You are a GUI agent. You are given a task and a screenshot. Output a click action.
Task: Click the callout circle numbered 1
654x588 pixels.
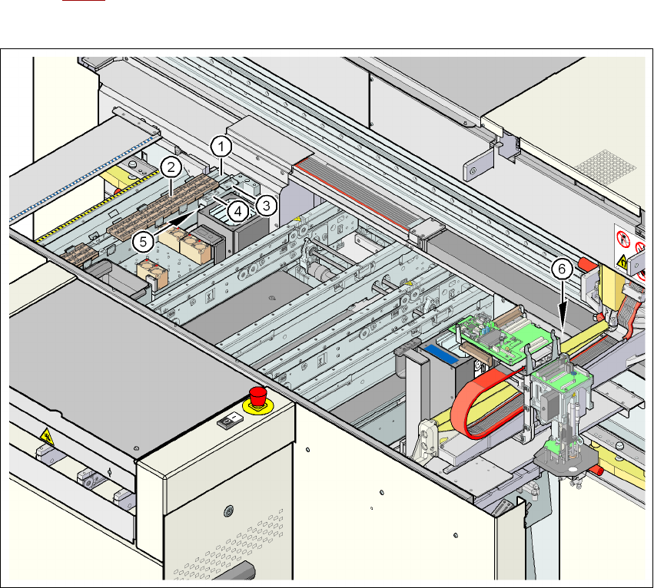pyautogui.click(x=221, y=147)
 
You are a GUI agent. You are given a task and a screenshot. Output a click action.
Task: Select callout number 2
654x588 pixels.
pyautogui.click(x=171, y=168)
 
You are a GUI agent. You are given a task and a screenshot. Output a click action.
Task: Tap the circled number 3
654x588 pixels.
pyautogui.click(x=267, y=205)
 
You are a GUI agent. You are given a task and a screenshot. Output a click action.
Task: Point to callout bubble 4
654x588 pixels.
pyautogui.click(x=237, y=212)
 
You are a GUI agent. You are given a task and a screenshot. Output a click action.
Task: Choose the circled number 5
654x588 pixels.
pyautogui.click(x=143, y=242)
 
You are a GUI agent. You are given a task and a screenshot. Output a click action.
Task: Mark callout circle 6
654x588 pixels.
pyautogui.click(x=562, y=269)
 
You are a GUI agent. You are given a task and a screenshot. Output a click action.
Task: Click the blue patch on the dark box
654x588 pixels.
pyautogui.click(x=441, y=353)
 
